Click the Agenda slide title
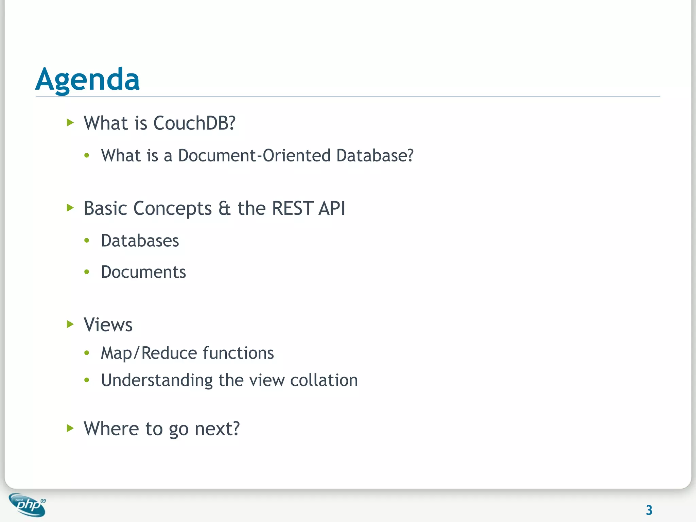(x=87, y=80)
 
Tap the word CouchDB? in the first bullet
(x=194, y=123)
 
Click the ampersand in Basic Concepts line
(x=224, y=208)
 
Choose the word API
(x=332, y=208)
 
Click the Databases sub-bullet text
(x=140, y=241)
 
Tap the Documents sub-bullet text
(x=143, y=272)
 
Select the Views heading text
(x=108, y=325)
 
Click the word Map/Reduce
(x=149, y=353)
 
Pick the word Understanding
(x=157, y=380)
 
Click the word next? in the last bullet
(x=217, y=429)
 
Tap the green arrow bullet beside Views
(x=70, y=324)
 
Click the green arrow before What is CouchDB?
(x=70, y=122)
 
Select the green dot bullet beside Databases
(x=87, y=241)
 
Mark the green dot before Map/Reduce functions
(x=87, y=353)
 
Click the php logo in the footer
(x=28, y=505)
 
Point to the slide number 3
(x=649, y=510)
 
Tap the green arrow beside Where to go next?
(x=70, y=428)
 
